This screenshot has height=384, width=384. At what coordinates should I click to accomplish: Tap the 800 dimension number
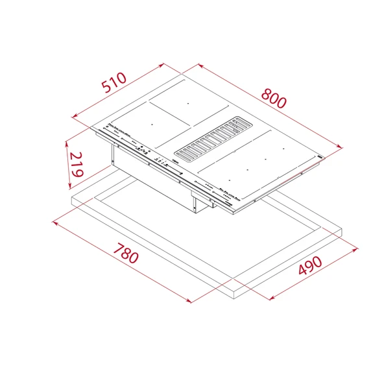[x=273, y=98]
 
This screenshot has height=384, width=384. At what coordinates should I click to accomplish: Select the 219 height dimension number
[x=77, y=165]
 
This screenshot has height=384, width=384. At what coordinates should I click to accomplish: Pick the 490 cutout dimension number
[x=310, y=266]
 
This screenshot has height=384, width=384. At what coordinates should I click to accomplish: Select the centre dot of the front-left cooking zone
[x=151, y=123]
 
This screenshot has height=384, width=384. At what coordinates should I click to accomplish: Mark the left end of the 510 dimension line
[x=73, y=117]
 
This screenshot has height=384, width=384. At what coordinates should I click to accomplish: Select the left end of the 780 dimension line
[x=52, y=222]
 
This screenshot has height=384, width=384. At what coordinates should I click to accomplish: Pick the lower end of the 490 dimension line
[x=269, y=298]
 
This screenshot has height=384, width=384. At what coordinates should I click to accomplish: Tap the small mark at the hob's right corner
[x=319, y=157]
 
